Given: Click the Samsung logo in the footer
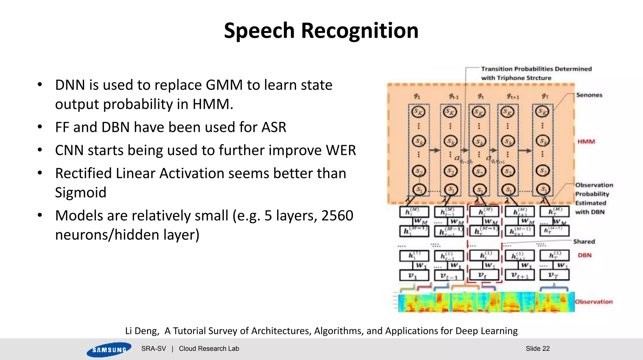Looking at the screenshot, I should coord(109,349).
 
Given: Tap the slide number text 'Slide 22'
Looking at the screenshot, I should coord(538,348).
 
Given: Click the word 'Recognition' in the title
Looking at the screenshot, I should coord(359,31).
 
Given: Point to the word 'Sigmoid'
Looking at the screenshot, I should coord(81,193).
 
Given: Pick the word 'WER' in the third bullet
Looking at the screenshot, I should coord(341,150).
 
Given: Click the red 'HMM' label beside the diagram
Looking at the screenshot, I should coord(586,142).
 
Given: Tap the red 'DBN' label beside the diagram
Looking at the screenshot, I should coord(585,255).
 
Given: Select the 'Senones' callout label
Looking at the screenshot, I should coord(589,95).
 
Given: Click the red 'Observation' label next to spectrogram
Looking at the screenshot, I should coord(593,302).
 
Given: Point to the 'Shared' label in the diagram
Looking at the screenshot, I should coord(584,242).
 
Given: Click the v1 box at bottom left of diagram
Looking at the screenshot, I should coord(414,275).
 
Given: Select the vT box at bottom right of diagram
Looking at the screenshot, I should coord(554,275).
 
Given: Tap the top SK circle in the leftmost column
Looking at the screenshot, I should coord(419,112).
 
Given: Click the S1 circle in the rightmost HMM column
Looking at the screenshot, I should coord(543,189).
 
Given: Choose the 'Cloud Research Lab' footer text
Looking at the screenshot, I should coord(209,349).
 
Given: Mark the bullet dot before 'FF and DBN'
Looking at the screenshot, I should coord(40,127).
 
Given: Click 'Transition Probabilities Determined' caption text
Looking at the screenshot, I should coord(536,69).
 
